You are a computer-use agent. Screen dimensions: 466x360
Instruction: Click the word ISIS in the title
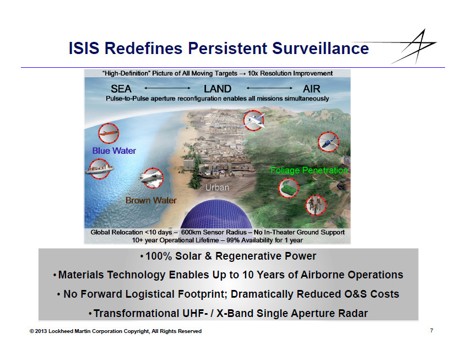(84, 48)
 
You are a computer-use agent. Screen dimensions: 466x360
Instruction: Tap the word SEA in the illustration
(121, 89)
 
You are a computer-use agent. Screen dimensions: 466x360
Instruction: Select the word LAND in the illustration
(218, 89)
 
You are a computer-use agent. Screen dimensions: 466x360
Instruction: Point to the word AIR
(311, 89)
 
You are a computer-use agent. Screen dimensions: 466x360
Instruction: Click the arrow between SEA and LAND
(167, 88)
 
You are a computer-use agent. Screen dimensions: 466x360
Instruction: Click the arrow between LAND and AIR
(269, 88)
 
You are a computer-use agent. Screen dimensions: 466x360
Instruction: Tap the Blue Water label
(114, 151)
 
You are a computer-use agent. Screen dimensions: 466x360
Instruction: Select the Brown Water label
(151, 200)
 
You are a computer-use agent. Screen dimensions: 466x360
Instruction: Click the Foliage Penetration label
(309, 170)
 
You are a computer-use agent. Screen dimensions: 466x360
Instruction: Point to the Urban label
(217, 187)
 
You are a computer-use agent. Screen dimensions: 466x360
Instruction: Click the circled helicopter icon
(328, 142)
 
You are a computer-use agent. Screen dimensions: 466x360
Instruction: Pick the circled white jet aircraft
(254, 121)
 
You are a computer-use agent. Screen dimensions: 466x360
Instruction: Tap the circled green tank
(289, 188)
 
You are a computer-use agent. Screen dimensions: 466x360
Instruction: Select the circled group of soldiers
(316, 205)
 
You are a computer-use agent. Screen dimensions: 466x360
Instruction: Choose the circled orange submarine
(109, 133)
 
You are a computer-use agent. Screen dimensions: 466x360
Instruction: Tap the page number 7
(431, 331)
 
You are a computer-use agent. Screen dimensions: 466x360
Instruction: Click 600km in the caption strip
(191, 232)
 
